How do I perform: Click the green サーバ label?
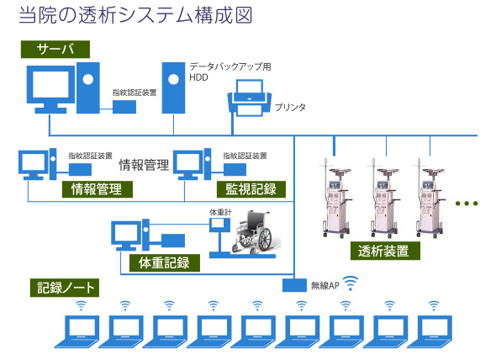click(x=56, y=50)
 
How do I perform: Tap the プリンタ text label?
click(x=290, y=108)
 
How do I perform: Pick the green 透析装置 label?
click(x=383, y=251)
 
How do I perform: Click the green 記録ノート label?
click(x=66, y=288)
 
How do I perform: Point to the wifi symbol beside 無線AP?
click(x=351, y=284)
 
